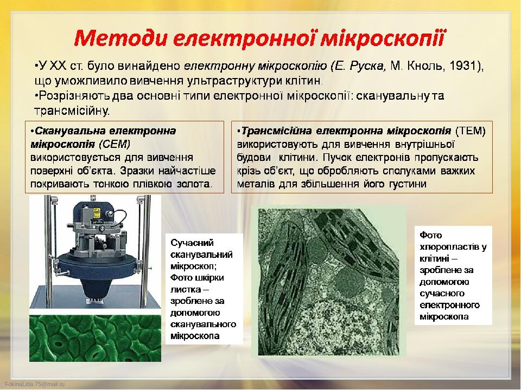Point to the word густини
(408, 184)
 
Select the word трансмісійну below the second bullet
(72, 110)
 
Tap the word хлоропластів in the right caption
(450, 247)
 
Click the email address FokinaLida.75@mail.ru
(35, 384)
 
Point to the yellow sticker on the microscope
(97, 212)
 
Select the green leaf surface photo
(96, 338)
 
